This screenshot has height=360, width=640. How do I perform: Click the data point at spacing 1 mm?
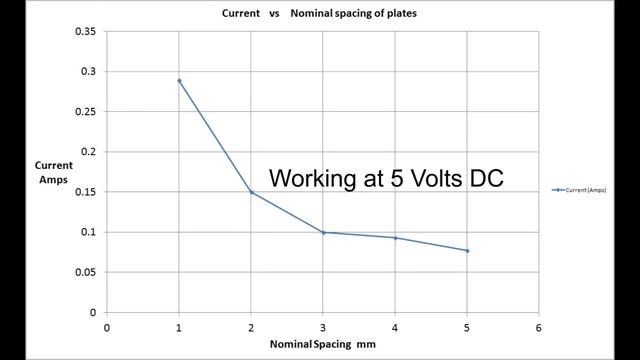click(x=179, y=80)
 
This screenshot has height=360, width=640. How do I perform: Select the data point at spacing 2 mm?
click(x=251, y=192)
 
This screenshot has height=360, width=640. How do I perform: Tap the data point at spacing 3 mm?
click(x=323, y=232)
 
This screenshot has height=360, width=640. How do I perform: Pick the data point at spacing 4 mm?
click(x=395, y=238)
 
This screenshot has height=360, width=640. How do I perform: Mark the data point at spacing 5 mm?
click(x=467, y=250)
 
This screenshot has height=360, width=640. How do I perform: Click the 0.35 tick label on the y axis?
click(x=86, y=32)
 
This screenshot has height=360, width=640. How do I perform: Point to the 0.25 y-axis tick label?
click(x=86, y=112)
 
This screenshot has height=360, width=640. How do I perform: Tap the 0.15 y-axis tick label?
click(x=86, y=192)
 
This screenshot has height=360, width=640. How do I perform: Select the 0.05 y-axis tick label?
click(x=86, y=272)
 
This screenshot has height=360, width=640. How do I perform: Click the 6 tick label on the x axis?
click(x=539, y=326)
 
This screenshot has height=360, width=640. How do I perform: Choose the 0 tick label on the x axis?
click(x=107, y=326)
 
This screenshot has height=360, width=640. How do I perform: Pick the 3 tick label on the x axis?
click(x=323, y=326)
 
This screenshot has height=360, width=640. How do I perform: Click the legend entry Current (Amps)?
click(x=581, y=189)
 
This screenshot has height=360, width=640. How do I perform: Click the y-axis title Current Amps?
click(x=52, y=172)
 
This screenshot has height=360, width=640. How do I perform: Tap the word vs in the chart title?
click(x=270, y=15)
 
